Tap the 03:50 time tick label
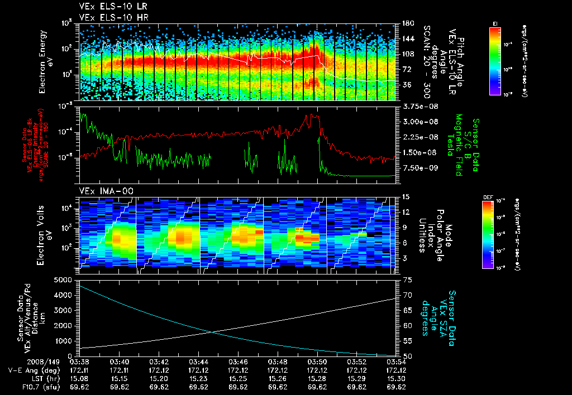tap(317, 362)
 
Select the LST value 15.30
tap(396, 378)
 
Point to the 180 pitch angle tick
tap(407, 23)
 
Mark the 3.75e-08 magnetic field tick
tap(416, 106)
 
